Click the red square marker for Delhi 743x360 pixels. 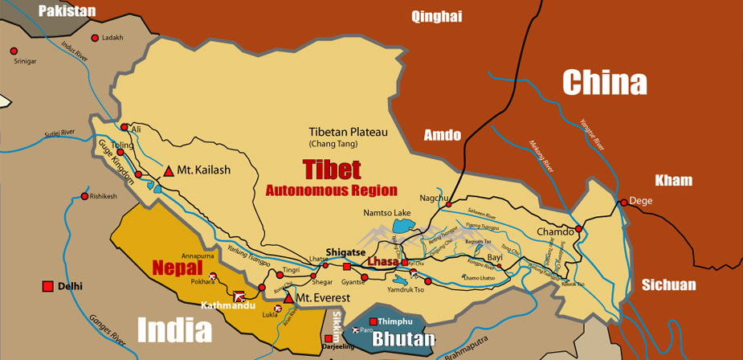click(x=48, y=286)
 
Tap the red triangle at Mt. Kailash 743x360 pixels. click(x=169, y=171)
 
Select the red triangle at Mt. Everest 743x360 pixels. click(x=288, y=298)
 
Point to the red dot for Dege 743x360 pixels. click(x=623, y=202)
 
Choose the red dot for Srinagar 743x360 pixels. click(x=14, y=51)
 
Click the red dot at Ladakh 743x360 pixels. click(x=95, y=38)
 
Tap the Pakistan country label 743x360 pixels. click(x=67, y=11)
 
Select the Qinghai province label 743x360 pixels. click(x=438, y=16)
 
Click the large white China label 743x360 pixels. click(x=604, y=83)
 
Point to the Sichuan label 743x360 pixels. click(x=668, y=285)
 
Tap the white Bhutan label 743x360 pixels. click(x=403, y=339)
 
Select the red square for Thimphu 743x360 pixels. click(x=373, y=321)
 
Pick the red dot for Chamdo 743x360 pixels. click(x=577, y=228)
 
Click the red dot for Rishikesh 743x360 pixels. click(x=84, y=196)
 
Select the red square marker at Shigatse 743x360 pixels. click(x=346, y=266)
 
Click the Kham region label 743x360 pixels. click(x=673, y=180)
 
